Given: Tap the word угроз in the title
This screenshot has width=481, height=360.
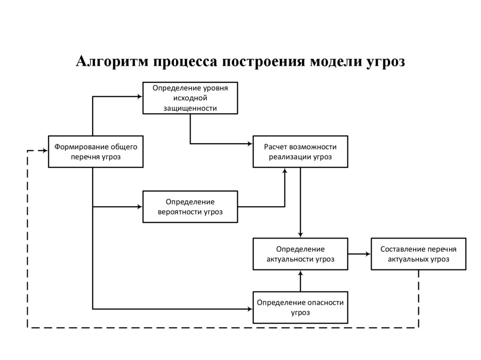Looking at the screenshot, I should (x=385, y=61).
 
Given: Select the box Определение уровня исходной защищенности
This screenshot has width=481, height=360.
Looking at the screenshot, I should (x=190, y=98).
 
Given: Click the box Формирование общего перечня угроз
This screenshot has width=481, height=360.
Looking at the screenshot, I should (x=96, y=151).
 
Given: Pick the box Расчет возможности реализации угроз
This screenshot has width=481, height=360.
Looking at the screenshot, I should (x=301, y=151).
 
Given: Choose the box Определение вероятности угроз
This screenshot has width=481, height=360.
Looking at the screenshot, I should (x=190, y=207).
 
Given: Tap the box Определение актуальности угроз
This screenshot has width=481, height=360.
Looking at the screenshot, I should (x=301, y=254).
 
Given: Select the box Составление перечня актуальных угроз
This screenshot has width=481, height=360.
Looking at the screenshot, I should (x=419, y=254).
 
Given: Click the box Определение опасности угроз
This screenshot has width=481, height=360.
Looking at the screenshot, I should (x=301, y=307).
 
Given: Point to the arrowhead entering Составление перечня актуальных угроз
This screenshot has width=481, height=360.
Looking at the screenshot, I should (x=368, y=254).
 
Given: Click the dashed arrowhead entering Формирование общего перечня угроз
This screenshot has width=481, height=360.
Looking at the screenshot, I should (x=45, y=151).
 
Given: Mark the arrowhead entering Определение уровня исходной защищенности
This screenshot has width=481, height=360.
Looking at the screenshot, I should (x=140, y=97).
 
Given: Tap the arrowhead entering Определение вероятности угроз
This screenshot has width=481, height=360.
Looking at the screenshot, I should (x=140, y=207).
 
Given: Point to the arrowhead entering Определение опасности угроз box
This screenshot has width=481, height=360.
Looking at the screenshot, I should (x=250, y=308).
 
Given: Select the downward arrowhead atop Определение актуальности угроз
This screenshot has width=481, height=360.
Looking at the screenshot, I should (x=301, y=235).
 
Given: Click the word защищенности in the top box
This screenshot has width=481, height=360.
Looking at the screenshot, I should (x=190, y=108).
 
